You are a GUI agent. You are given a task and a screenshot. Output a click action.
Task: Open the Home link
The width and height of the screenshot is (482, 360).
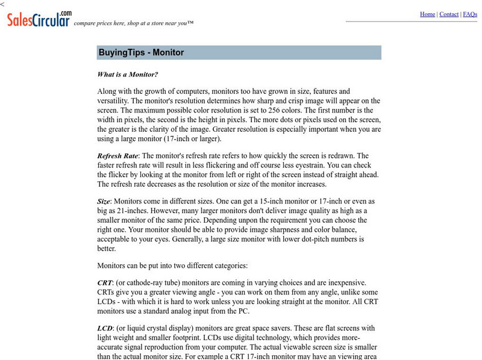pos(427,14)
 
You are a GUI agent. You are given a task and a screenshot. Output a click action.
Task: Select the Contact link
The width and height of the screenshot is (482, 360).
pos(449,14)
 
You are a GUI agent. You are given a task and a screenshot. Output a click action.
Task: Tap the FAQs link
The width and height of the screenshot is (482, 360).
pos(470,14)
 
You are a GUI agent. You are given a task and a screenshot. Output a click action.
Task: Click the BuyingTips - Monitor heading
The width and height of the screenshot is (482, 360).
pos(141,52)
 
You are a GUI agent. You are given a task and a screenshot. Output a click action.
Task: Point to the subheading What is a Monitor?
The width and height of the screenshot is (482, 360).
pos(128,75)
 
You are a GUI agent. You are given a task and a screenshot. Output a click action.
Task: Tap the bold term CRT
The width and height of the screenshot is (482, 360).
pos(104,282)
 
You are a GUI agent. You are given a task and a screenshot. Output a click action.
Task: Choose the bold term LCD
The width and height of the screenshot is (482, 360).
pos(105,328)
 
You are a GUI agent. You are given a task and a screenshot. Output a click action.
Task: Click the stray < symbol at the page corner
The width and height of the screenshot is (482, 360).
pos(2,4)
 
